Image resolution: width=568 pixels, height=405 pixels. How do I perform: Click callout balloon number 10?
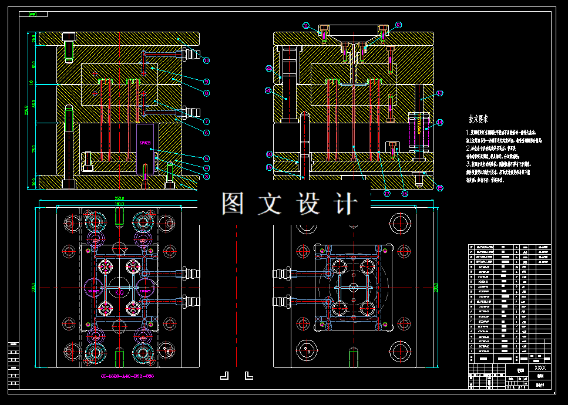pyautogui.click(x=206, y=60)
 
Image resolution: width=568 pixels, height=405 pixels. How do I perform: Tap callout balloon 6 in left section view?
pyautogui.click(x=206, y=133)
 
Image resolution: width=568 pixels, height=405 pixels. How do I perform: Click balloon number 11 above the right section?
pyautogui.click(x=306, y=25)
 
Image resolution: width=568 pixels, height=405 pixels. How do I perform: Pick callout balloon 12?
pyautogui.click(x=399, y=25)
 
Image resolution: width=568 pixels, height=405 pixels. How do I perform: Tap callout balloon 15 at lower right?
pyautogui.click(x=440, y=188)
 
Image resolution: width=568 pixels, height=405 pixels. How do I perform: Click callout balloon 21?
pyautogui.click(x=269, y=69)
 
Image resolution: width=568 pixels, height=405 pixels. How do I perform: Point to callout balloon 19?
pyautogui.click(x=269, y=167)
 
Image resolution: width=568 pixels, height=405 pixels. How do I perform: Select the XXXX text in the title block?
pyautogui.click(x=540, y=367)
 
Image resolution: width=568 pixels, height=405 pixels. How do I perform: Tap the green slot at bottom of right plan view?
pyautogui.click(x=353, y=358)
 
